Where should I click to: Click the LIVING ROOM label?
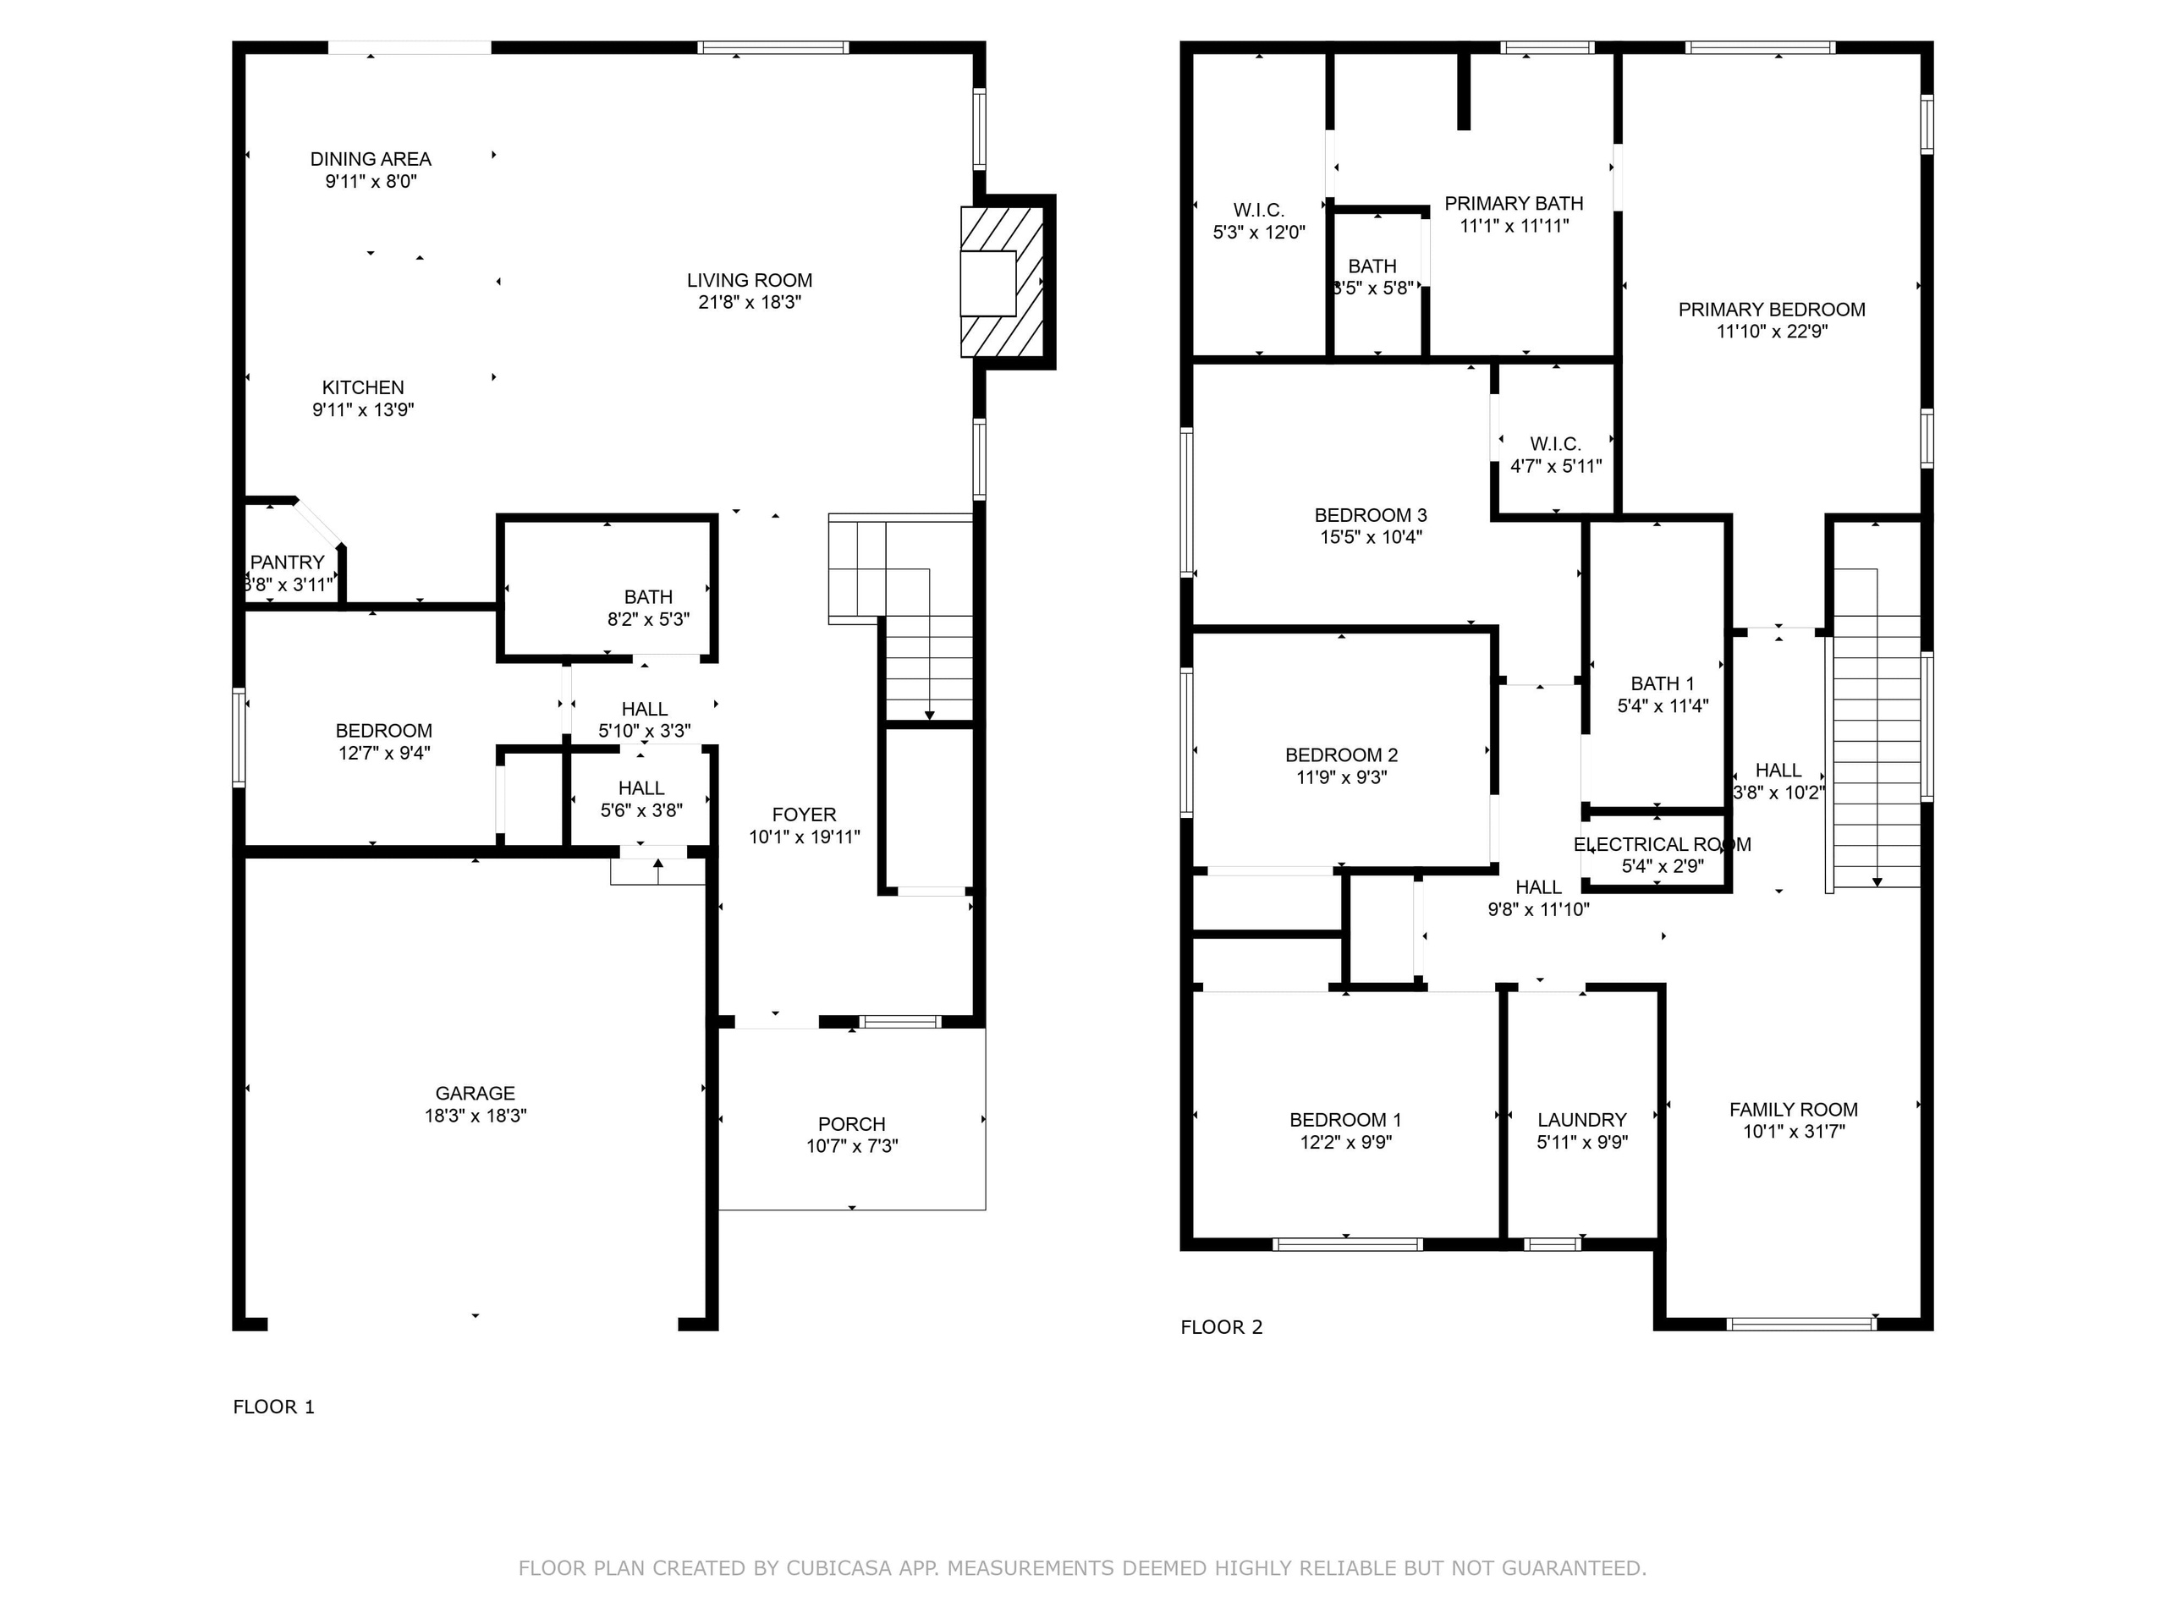[x=749, y=281]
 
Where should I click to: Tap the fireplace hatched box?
[x=1003, y=282]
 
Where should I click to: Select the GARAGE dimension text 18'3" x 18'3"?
[x=475, y=1115]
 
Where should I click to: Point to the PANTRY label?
[x=287, y=562]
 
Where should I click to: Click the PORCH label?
[x=851, y=1124]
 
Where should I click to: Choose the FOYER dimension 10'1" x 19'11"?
[x=804, y=837]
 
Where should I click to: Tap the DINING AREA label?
[x=370, y=158]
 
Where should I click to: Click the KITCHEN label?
[x=362, y=387]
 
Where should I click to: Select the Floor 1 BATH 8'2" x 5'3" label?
[x=648, y=597]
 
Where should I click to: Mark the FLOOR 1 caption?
[x=273, y=1407]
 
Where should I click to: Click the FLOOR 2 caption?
[x=1221, y=1327]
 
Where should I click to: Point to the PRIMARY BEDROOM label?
[x=1772, y=310]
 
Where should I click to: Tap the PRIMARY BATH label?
[x=1514, y=204]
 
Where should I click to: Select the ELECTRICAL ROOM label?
[x=1662, y=844]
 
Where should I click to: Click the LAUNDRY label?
[x=1581, y=1120]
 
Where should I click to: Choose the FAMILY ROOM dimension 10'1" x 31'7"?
[x=1793, y=1132]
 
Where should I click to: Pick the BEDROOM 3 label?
[x=1370, y=515]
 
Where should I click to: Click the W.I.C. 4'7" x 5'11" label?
[x=1556, y=444]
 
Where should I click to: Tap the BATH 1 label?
[x=1662, y=683]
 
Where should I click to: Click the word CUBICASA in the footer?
[x=838, y=1568]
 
